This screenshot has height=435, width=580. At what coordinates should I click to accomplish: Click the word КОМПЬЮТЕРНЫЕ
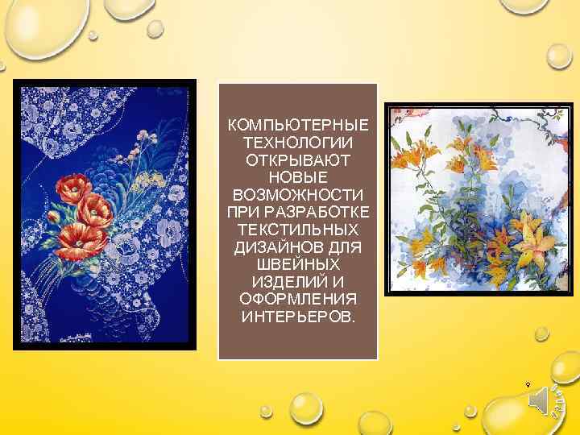tap(298, 126)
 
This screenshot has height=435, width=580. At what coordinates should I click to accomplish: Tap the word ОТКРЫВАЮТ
tap(298, 160)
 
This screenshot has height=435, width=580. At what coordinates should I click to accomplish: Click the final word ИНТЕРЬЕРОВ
tap(298, 317)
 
